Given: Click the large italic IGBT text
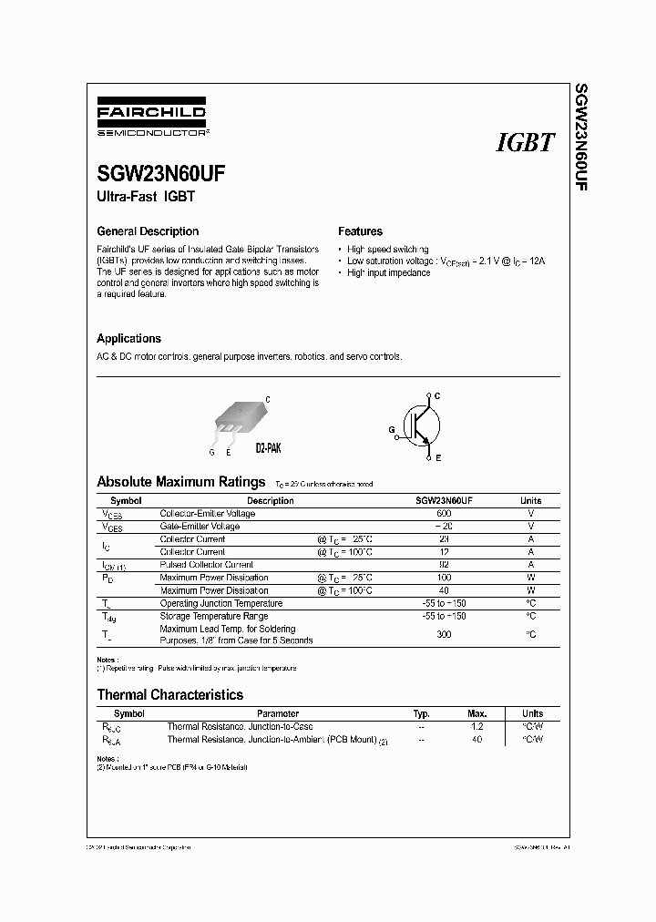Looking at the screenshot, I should coord(525,143).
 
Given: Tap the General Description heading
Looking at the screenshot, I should coord(148,231).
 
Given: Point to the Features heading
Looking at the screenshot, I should coord(360,231).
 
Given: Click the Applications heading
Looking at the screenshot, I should coord(128,338).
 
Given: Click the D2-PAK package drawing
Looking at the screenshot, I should coord(239,421).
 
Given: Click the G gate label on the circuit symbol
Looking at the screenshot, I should coord(392,426).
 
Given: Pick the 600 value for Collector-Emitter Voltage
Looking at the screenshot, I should coord(444,514).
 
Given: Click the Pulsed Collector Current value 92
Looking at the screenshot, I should coord(444,565).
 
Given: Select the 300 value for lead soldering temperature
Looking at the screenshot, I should coord(444,634).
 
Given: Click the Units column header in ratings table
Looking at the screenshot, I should coord(530,500).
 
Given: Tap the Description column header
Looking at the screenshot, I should coord(270,500).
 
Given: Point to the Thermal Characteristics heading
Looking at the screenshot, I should coord(169,694).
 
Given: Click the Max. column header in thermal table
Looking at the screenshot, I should coord(477,713).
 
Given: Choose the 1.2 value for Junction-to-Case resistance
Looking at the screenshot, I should coord(477,726).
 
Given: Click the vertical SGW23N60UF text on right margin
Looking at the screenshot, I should coord(579,136).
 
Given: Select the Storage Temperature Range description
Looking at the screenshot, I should coord(213,616).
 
